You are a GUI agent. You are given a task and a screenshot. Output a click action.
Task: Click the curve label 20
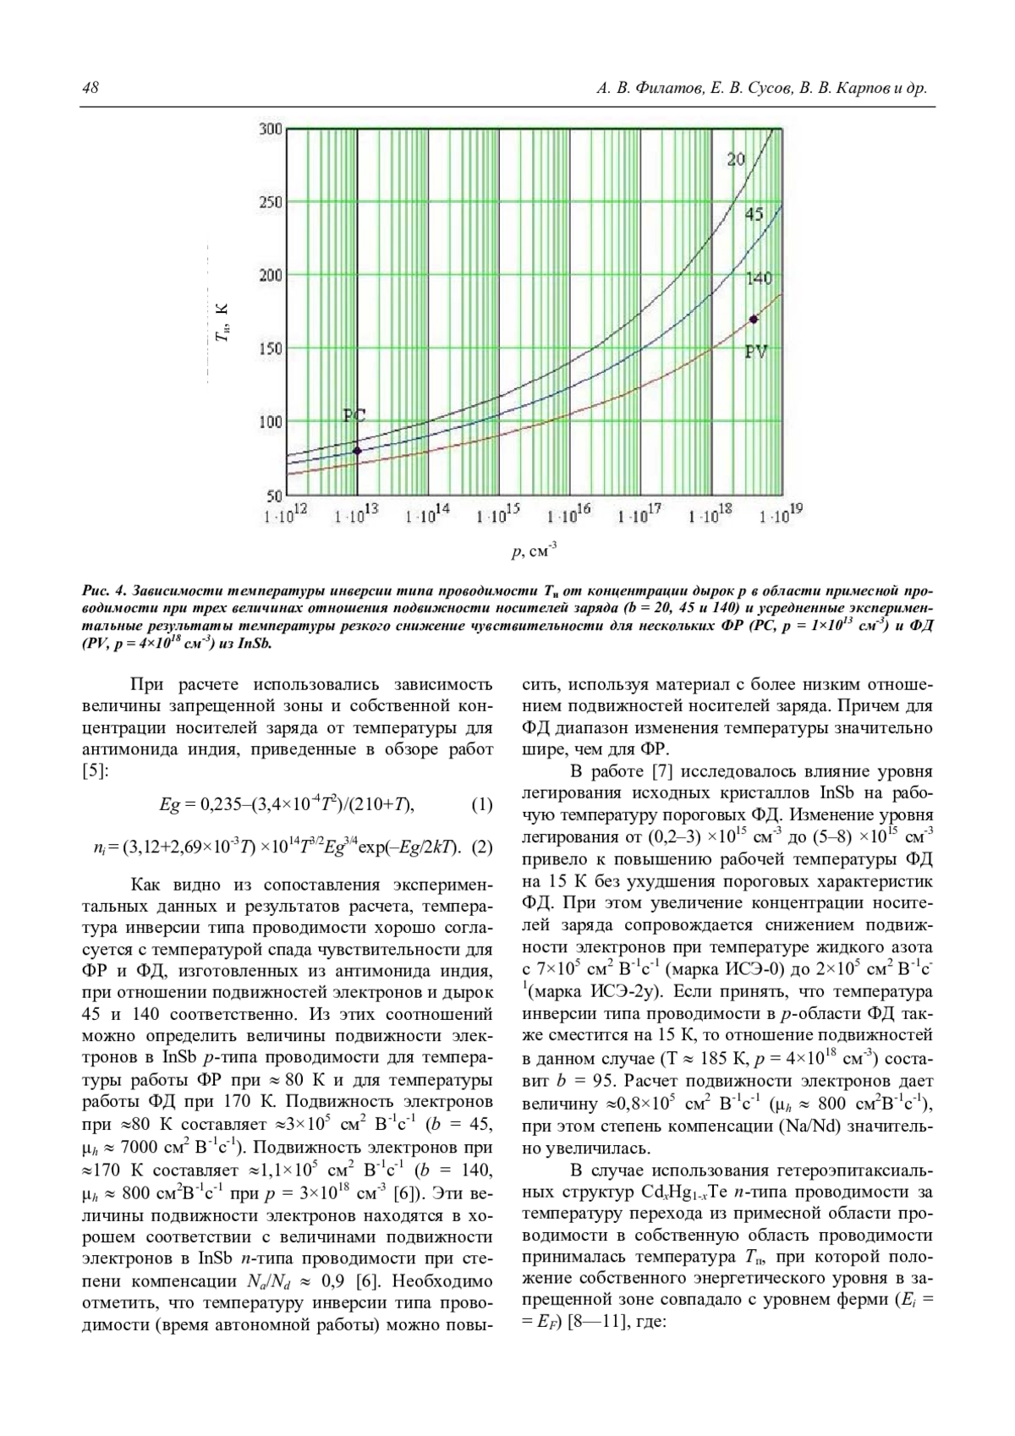point(736,158)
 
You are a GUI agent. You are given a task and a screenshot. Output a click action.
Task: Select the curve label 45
point(754,215)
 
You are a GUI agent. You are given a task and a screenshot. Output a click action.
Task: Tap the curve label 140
point(759,278)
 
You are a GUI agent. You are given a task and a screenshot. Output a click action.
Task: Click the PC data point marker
point(357,450)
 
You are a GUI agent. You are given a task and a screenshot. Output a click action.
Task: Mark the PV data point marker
point(753,319)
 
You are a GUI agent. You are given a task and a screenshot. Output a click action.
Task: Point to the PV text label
point(755,351)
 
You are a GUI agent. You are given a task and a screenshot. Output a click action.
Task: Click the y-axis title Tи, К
point(222,324)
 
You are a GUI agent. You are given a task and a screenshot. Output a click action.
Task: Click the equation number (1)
point(480,804)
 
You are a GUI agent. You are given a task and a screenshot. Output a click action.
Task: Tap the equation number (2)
point(480,847)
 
